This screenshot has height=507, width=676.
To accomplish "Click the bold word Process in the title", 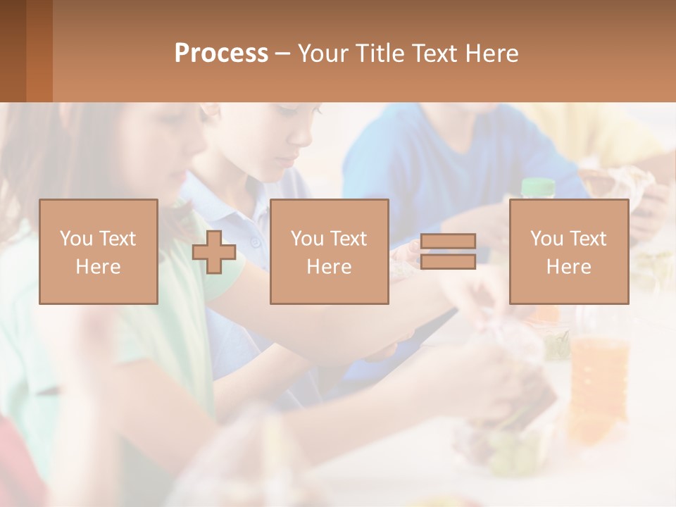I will (221, 54).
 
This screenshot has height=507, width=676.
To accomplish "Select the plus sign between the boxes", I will (214, 252).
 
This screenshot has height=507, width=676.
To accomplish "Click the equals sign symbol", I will (448, 251).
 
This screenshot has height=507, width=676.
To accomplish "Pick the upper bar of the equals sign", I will (448, 241).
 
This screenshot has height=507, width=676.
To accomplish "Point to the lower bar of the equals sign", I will (448, 261).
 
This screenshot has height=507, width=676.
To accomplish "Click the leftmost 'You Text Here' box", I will (99, 251).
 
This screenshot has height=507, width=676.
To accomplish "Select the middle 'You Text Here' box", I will (329, 251).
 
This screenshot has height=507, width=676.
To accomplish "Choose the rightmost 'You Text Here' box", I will (569, 251).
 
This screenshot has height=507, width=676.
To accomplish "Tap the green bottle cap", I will (539, 187).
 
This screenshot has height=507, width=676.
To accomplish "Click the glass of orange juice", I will (599, 380).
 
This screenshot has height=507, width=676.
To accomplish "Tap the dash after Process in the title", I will (282, 54).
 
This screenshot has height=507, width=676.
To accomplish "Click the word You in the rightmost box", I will (546, 239).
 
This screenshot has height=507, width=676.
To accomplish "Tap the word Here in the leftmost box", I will (99, 267).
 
